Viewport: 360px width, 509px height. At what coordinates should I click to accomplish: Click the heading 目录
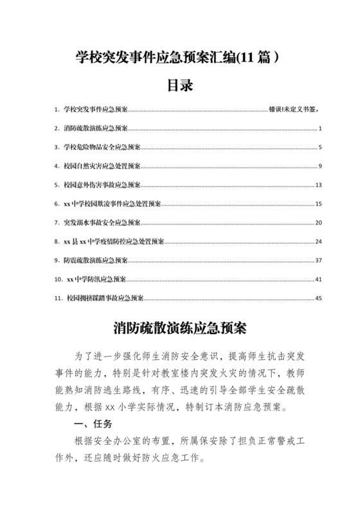180,85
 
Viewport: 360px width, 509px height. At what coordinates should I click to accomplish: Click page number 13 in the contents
318,184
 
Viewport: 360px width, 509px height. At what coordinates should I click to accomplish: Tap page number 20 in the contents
318,222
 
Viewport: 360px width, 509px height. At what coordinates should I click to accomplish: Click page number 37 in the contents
318,260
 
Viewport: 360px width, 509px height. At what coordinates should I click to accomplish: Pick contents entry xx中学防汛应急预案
96,279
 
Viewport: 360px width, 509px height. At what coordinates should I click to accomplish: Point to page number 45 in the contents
318,298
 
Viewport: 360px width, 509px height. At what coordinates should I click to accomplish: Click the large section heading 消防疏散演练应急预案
180,328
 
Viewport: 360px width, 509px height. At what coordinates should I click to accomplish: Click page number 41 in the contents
318,279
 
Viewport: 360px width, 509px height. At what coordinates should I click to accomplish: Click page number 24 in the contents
318,241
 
